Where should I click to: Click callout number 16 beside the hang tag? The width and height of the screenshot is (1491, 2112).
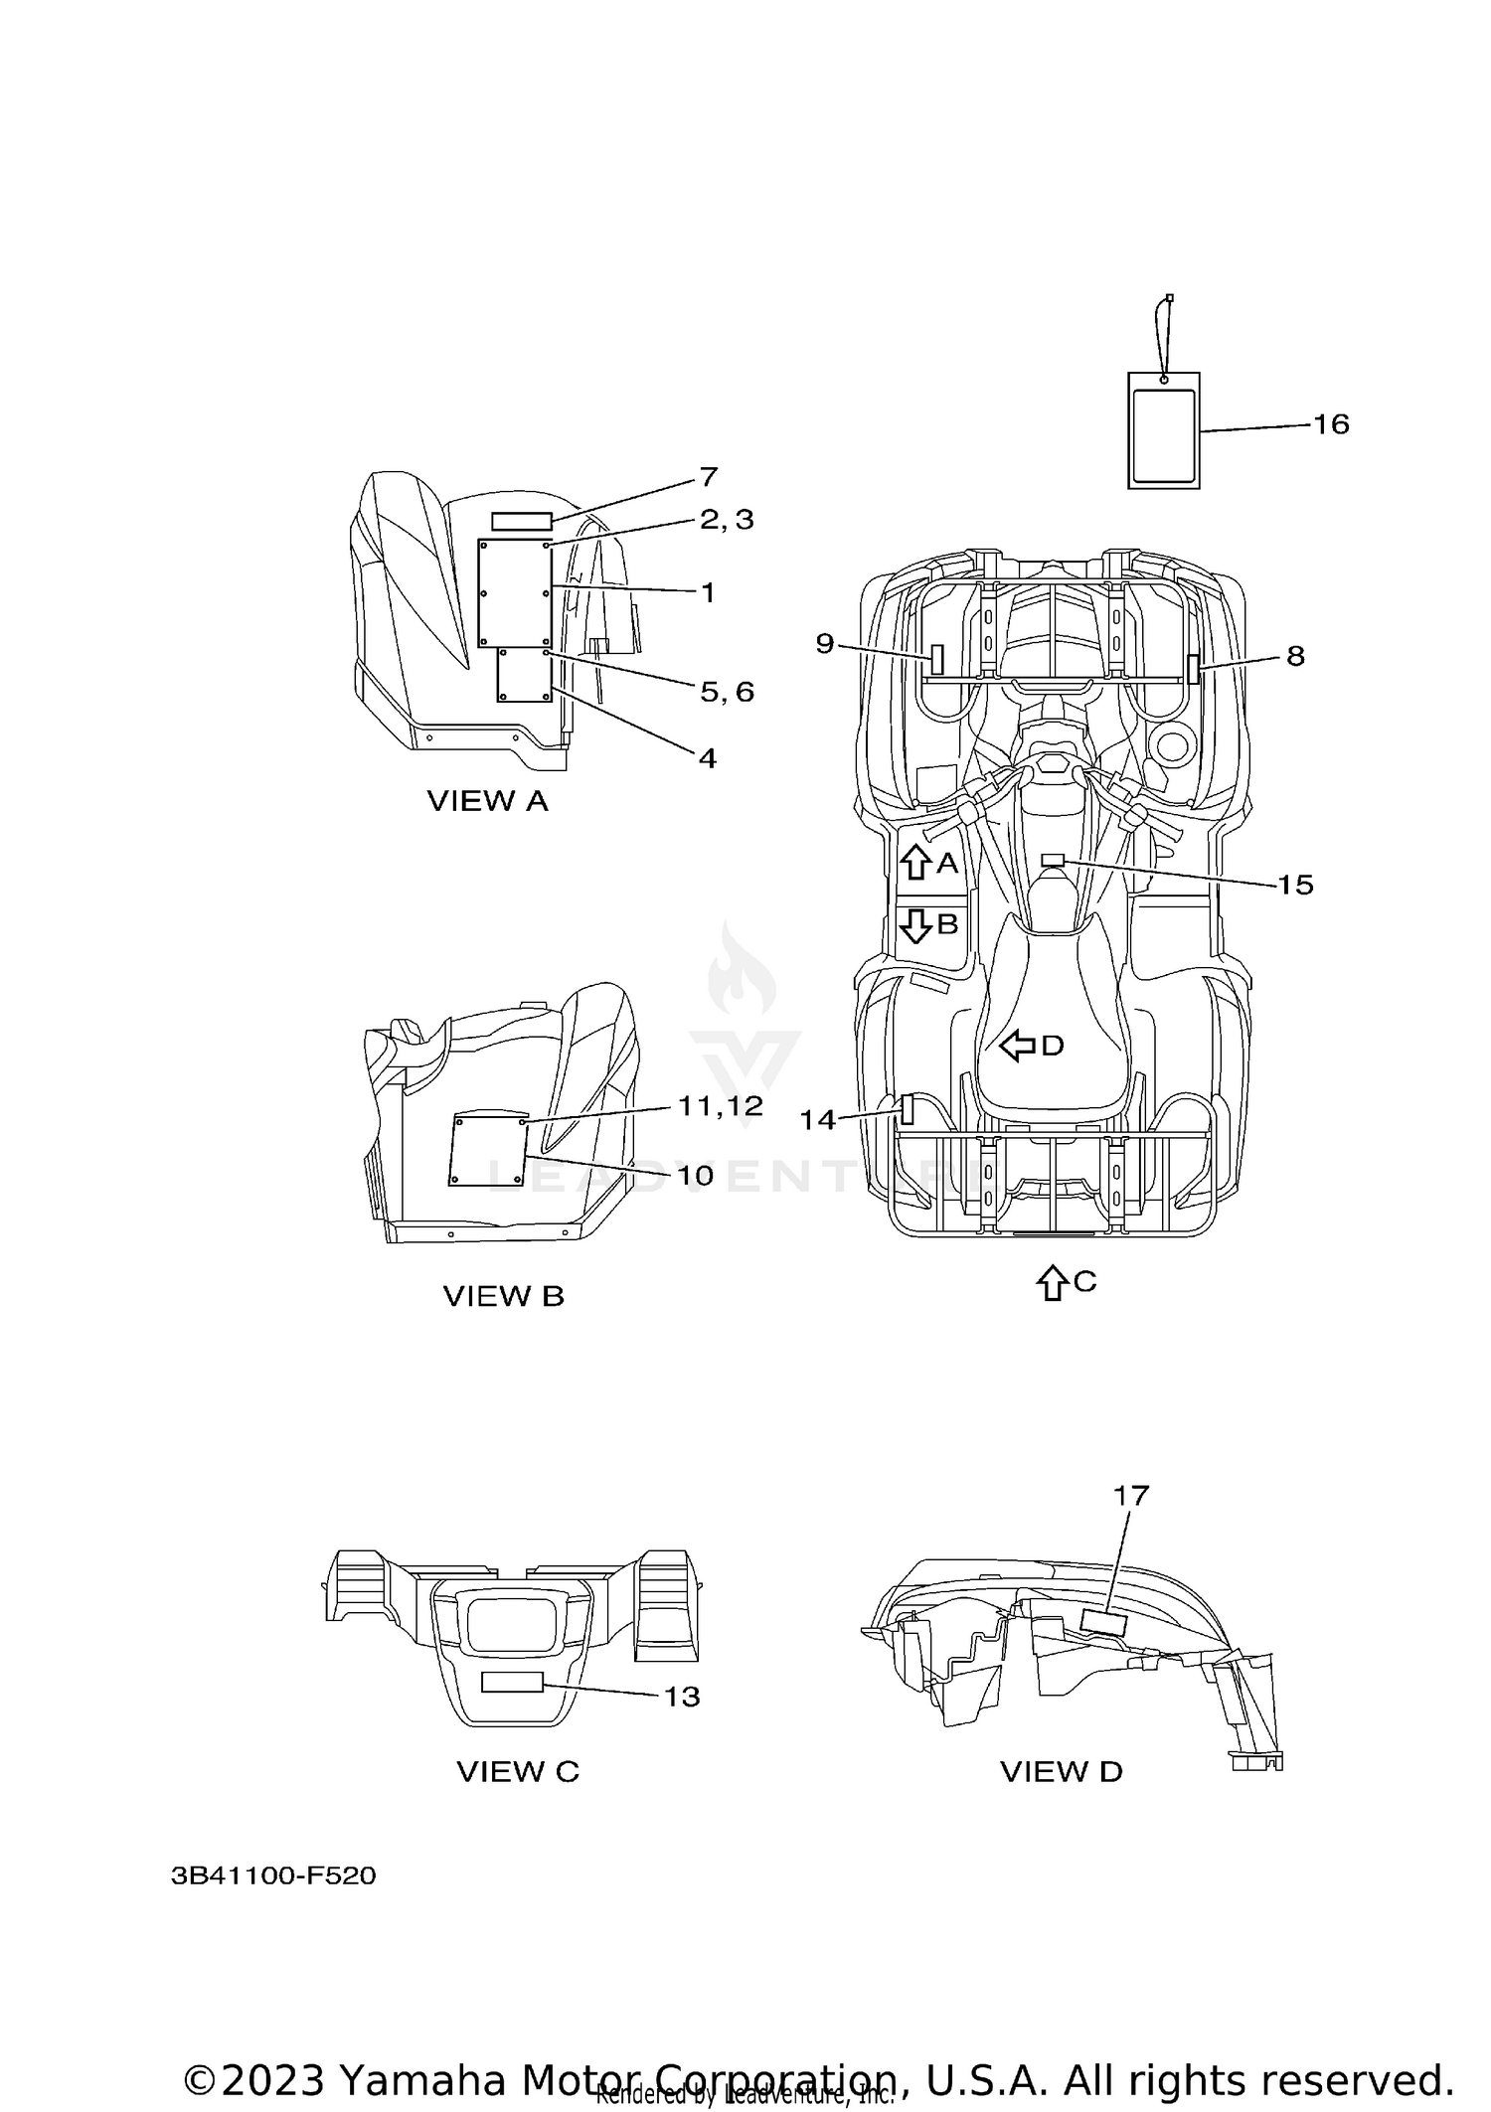[1331, 424]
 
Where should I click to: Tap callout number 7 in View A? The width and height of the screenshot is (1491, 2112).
[708, 477]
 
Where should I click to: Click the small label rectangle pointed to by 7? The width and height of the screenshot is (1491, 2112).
[521, 522]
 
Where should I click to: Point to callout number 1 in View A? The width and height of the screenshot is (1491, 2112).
[708, 592]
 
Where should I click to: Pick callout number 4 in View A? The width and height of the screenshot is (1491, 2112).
[707, 758]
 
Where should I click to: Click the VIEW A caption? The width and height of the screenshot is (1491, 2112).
[487, 800]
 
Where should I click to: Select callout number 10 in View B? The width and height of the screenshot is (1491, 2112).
[695, 1175]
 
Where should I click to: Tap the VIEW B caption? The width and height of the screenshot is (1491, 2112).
[503, 1296]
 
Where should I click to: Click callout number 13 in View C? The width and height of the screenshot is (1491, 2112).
[682, 1697]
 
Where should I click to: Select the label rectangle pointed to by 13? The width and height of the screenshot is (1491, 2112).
[512, 1682]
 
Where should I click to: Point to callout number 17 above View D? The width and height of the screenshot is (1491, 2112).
[1131, 1523]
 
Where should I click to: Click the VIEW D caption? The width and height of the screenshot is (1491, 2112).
[1061, 1771]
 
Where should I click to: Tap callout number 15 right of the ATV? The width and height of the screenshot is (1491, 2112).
[1295, 885]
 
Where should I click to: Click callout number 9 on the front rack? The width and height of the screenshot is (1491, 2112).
[825, 643]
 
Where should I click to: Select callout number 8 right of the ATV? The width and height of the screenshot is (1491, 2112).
[1295, 656]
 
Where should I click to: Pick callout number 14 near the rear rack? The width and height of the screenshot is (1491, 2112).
[818, 1120]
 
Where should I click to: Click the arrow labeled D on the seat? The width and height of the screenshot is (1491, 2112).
[1017, 1045]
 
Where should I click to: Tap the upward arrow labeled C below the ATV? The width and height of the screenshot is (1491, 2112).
[1051, 1282]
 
